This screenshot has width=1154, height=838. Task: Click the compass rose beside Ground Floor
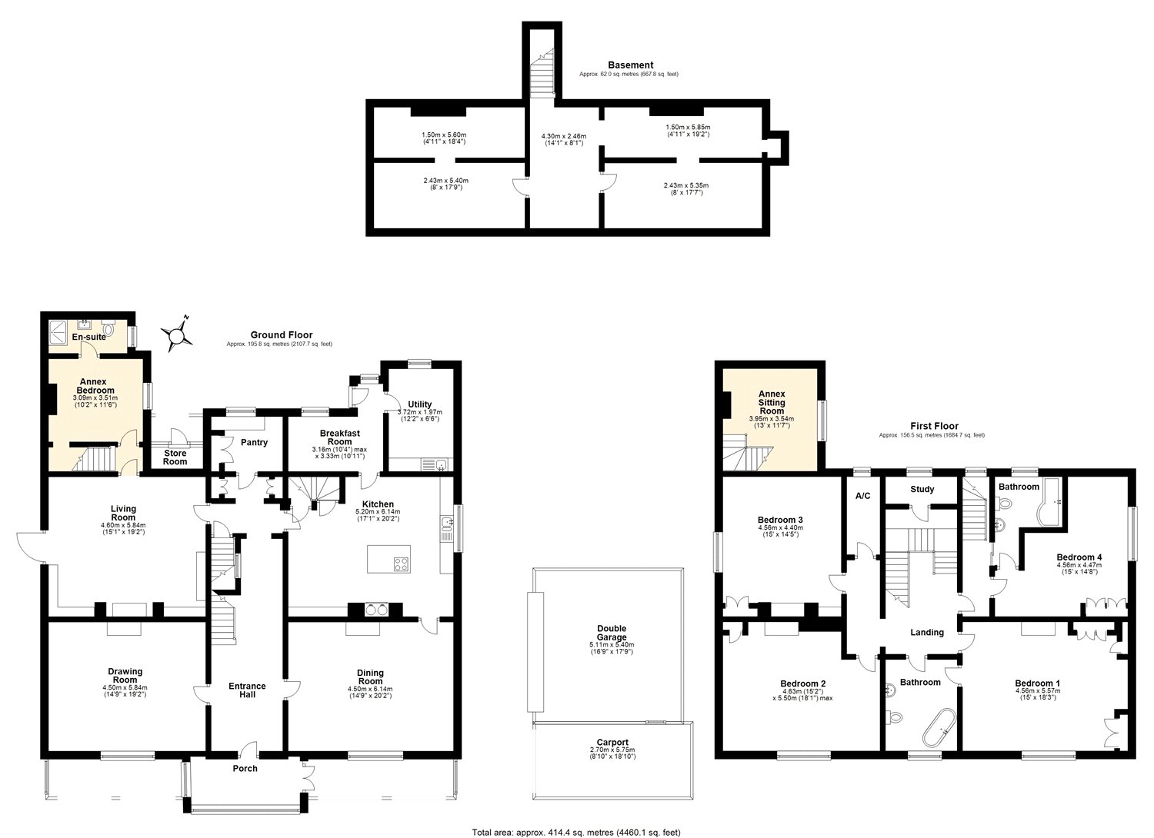(x=177, y=334)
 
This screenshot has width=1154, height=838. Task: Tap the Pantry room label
(x=254, y=442)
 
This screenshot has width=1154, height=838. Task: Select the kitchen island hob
(x=401, y=564)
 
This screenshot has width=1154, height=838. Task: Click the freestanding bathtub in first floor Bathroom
(x=936, y=724)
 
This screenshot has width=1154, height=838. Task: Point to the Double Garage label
(x=612, y=633)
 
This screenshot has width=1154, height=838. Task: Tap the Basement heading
(x=630, y=65)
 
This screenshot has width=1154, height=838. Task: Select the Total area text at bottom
(x=575, y=832)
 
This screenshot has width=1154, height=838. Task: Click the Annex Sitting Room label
(x=772, y=402)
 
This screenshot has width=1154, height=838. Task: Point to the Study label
(x=922, y=489)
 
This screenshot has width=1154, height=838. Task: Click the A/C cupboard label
(x=862, y=496)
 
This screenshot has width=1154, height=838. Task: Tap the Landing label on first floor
(x=926, y=632)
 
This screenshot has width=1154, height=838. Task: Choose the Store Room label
(x=175, y=457)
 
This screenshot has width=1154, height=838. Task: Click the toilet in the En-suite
(x=110, y=330)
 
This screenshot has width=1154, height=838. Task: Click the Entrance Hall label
(x=247, y=690)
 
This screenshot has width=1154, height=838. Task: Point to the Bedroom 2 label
(x=802, y=683)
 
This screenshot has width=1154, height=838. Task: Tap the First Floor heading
(x=934, y=426)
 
